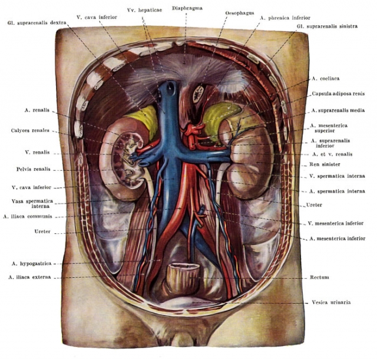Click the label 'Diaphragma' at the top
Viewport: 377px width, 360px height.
[x=187, y=8]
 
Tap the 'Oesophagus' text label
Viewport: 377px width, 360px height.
[x=240, y=13]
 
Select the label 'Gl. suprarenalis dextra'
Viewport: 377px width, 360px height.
[x=37, y=23]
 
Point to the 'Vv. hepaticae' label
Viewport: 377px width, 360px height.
[x=144, y=10]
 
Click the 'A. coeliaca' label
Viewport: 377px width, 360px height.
[x=326, y=78]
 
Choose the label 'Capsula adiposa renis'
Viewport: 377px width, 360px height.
[x=338, y=94]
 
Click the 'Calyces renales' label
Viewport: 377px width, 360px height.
[x=30, y=130]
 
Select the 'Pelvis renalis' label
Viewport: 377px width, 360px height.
[x=34, y=169]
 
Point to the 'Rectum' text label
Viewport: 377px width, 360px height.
[x=319, y=278]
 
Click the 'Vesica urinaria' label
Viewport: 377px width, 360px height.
[x=331, y=302]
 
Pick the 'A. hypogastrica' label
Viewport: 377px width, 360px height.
[x=31, y=263]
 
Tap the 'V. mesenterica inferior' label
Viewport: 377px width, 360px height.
[x=336, y=223]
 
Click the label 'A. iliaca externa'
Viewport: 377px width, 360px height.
[x=29, y=277]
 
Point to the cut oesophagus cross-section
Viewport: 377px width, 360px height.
[x=199, y=94]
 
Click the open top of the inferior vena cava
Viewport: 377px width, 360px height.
[x=171, y=85]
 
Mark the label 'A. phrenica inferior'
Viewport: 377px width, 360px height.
[x=285, y=18]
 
